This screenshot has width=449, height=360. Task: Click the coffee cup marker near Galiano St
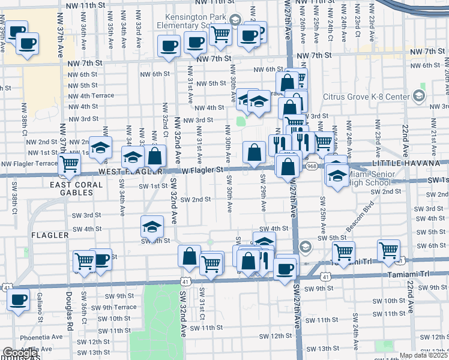(18, 300)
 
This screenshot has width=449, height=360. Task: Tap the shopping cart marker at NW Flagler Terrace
(70, 164)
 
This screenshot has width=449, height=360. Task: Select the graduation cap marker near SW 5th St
(152, 227)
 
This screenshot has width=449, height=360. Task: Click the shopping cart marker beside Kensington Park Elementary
(221, 34)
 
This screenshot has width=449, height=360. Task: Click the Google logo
(20, 353)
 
